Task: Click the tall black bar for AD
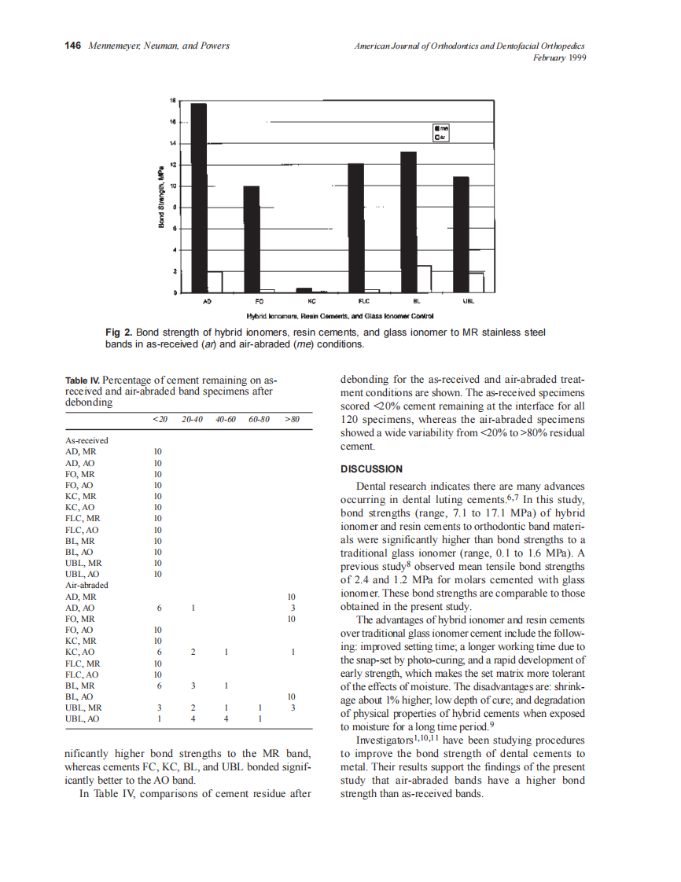(199, 197)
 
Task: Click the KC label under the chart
(311, 301)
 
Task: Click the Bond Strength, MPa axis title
(160, 197)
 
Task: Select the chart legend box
(441, 133)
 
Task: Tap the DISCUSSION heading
(371, 469)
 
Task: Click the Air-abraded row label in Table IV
(87, 586)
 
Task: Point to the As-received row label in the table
(87, 440)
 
